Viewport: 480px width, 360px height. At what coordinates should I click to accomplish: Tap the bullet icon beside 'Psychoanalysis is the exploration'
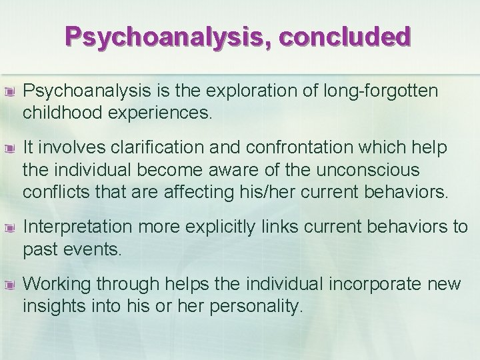tap(10, 91)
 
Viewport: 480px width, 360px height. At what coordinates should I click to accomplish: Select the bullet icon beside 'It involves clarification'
tap(10, 146)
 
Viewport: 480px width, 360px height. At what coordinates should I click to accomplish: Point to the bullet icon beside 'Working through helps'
tap(10, 284)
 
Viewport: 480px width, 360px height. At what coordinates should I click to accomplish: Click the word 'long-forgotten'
tap(385, 91)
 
